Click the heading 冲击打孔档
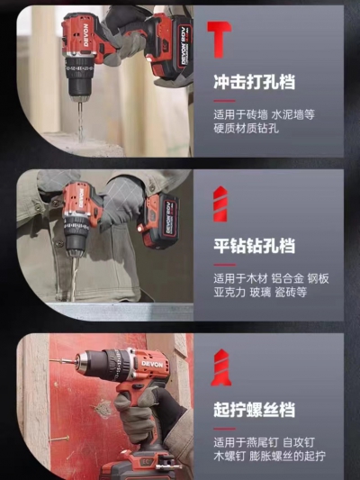click(x=254, y=82)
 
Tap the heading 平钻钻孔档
click(x=254, y=246)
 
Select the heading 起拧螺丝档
click(x=254, y=409)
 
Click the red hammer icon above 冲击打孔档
click(x=219, y=40)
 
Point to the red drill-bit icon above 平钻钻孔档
click(x=220, y=204)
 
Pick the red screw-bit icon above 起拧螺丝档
click(x=220, y=367)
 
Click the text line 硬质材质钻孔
click(x=247, y=128)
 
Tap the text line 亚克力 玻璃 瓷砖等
click(x=260, y=293)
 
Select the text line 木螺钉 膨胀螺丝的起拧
click(x=269, y=456)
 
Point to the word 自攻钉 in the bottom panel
click(x=299, y=443)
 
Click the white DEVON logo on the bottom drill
click(x=152, y=365)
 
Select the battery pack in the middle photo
click(x=160, y=221)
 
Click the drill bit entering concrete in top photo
click(x=80, y=121)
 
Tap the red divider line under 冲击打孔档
click(x=224, y=101)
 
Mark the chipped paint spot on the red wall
click(x=103, y=409)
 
